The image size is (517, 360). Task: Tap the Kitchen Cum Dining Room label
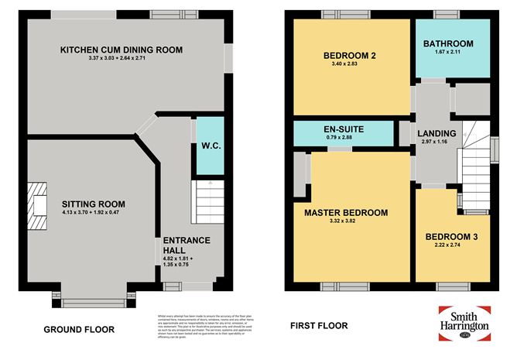122,50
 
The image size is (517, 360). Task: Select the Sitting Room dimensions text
94,214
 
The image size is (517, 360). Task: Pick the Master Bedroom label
345,212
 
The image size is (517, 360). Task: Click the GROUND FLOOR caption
79,329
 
